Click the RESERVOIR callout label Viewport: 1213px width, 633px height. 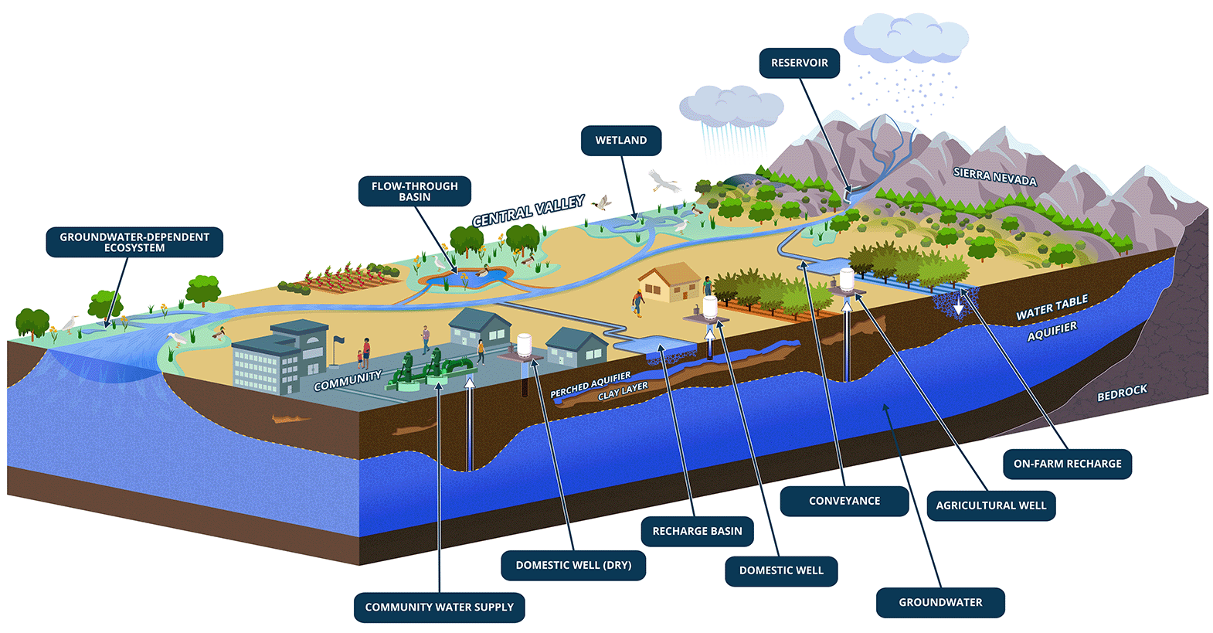[799, 63]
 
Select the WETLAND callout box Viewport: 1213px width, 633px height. [620, 141]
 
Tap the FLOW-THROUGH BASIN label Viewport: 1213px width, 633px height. [414, 192]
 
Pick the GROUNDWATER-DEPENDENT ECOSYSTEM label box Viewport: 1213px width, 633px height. [134, 243]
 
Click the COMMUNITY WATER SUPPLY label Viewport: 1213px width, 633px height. [439, 607]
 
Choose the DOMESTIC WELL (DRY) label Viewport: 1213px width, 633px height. [573, 566]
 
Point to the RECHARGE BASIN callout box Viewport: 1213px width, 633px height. [697, 532]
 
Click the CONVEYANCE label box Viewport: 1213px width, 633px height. [844, 502]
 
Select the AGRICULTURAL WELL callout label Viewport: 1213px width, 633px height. [990, 506]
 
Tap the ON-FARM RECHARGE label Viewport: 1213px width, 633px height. [1067, 465]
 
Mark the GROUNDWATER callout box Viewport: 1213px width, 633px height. [940, 603]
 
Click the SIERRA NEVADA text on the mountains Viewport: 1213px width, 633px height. [994, 177]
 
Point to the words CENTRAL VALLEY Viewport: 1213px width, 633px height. [528, 211]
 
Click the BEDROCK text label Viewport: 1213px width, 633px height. [1122, 393]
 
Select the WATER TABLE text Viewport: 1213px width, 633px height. [1052, 308]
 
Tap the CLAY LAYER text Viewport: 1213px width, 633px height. [623, 391]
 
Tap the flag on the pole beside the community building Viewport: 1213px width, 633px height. [339, 339]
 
